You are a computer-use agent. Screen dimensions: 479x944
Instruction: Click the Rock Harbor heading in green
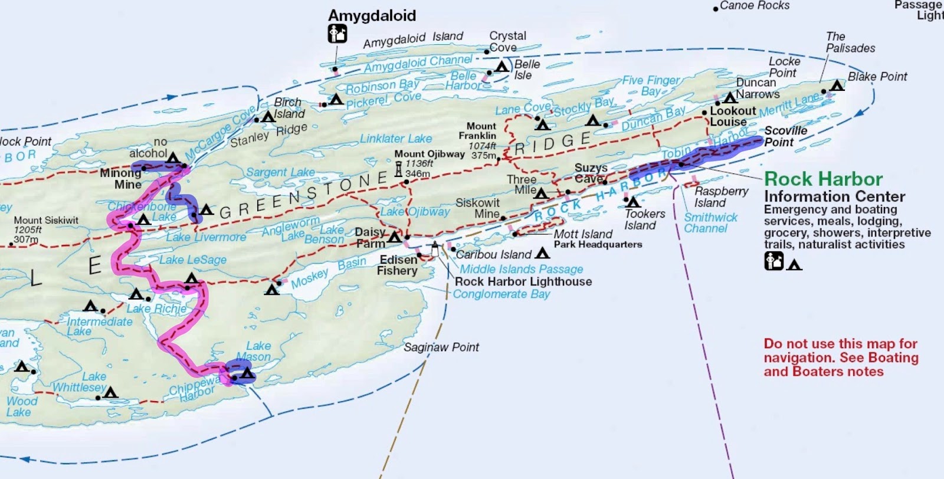(x=823, y=179)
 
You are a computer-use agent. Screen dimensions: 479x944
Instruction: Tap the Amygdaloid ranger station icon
(x=337, y=34)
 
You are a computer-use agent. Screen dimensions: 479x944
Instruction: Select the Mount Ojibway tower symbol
(x=398, y=169)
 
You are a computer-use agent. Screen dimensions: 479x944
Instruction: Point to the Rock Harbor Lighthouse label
(x=523, y=282)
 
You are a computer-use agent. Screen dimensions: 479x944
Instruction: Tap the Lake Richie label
(x=156, y=309)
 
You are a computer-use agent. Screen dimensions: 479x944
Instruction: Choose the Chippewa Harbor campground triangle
(x=247, y=373)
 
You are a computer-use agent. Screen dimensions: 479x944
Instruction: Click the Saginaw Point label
(x=441, y=347)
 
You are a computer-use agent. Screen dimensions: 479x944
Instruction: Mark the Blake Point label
(x=877, y=77)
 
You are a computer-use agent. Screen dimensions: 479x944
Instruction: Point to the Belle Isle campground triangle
(x=502, y=67)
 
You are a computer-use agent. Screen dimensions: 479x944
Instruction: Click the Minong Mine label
(x=120, y=179)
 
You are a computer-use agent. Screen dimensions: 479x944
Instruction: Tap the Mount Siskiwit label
(x=46, y=221)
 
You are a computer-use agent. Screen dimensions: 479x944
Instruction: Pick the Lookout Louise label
(x=732, y=116)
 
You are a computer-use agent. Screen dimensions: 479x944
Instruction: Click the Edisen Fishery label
(x=398, y=265)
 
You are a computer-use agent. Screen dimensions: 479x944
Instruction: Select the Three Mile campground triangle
(x=541, y=193)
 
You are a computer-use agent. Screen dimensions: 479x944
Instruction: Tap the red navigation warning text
(x=841, y=357)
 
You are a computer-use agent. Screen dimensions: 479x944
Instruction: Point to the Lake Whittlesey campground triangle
(x=110, y=392)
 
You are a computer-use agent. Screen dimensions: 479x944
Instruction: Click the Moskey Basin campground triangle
(x=271, y=290)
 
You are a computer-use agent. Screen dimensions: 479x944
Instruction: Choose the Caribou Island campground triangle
(x=542, y=254)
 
